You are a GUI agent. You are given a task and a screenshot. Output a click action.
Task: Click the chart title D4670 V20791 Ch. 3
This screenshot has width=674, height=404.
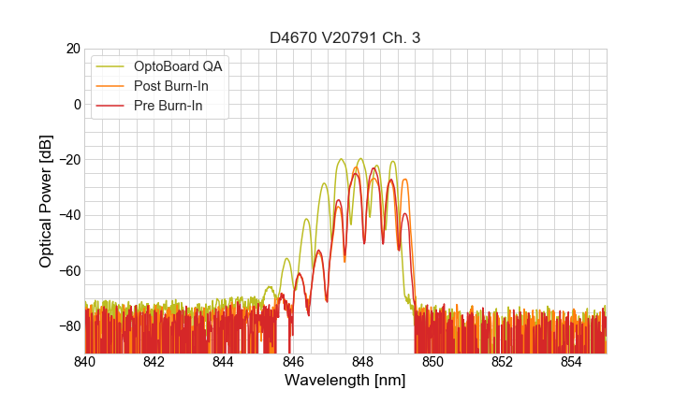345,38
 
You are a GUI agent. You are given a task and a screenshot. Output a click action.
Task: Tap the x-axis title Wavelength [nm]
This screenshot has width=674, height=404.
345,381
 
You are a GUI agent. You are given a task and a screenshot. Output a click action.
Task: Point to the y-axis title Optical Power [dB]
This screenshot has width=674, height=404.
46,201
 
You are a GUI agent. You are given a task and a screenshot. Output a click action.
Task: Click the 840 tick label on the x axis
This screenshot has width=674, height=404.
85,362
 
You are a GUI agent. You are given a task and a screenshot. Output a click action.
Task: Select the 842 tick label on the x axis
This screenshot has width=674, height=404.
154,362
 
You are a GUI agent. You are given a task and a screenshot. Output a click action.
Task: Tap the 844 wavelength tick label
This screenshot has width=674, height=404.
224,362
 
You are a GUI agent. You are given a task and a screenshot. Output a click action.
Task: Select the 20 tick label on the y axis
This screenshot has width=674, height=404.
72,49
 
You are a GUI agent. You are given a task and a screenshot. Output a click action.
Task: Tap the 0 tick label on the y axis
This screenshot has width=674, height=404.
76,104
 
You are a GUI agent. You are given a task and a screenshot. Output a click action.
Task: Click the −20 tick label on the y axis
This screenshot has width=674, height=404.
67,159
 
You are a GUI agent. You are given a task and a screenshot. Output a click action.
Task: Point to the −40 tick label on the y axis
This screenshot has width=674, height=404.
67,215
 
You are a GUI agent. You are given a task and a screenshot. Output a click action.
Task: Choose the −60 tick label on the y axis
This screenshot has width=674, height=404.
67,270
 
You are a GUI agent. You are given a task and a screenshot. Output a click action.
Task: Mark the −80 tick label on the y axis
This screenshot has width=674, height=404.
67,325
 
